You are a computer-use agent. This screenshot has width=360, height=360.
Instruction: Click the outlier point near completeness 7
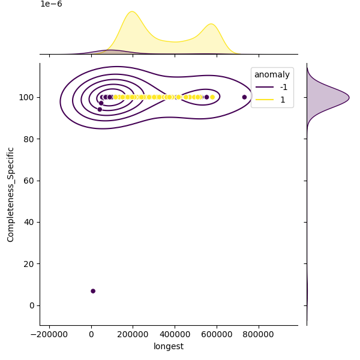pos(93,291)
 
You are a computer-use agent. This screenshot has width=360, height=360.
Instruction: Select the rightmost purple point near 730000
pos(244,97)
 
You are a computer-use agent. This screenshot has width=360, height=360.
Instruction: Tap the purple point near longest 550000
pos(206,97)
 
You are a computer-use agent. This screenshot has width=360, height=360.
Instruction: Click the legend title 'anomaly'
pos(272,75)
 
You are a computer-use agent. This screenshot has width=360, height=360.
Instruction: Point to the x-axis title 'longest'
pos(169,346)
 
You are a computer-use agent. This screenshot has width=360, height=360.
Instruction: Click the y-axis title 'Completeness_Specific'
pos(10,194)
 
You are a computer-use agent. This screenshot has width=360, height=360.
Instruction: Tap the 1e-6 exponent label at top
pos(51,4)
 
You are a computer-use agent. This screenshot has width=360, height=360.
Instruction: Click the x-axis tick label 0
pos(91,334)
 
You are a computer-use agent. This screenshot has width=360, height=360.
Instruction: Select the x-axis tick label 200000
pos(133,334)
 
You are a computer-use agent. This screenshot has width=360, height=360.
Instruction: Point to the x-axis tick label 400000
pos(175,334)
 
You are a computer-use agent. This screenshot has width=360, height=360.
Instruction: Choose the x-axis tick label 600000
pos(217,334)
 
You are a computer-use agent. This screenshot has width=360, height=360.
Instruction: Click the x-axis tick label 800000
pos(259,334)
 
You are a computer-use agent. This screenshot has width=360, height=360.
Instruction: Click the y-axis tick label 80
pos(29,139)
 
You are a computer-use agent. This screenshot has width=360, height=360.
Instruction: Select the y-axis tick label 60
pos(29,181)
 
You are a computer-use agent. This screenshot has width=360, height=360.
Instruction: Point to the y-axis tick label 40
pos(29,222)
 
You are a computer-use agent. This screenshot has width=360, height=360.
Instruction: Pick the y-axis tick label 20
pos(29,264)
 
